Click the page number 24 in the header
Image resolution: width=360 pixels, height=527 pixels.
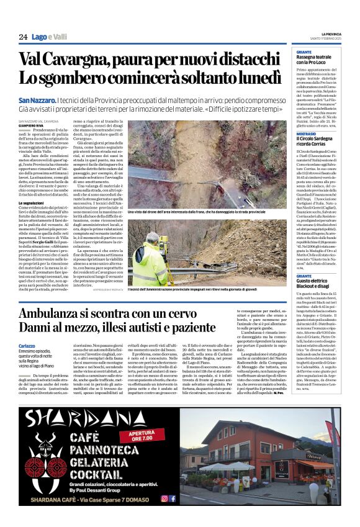pos(23,37)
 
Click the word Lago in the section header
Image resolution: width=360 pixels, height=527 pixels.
pos(40,37)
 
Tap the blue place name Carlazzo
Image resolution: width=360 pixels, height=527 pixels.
pos(27,346)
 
